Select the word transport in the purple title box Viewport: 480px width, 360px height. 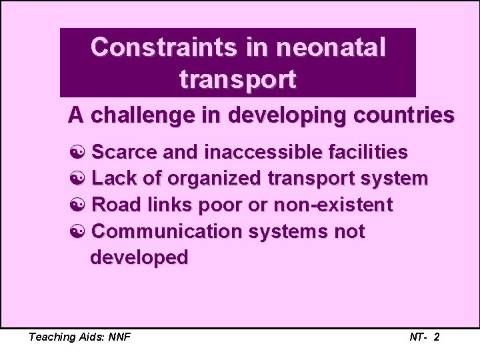237,79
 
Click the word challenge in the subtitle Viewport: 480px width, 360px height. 154,116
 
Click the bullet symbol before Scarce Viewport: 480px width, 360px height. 77,153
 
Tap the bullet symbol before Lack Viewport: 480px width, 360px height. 77,179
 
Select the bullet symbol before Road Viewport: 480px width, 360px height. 77,205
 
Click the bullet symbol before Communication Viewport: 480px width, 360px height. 77,231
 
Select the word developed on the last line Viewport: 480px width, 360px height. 139,257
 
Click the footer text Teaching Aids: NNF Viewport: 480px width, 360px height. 79,337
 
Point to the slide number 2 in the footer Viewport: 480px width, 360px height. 436,337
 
